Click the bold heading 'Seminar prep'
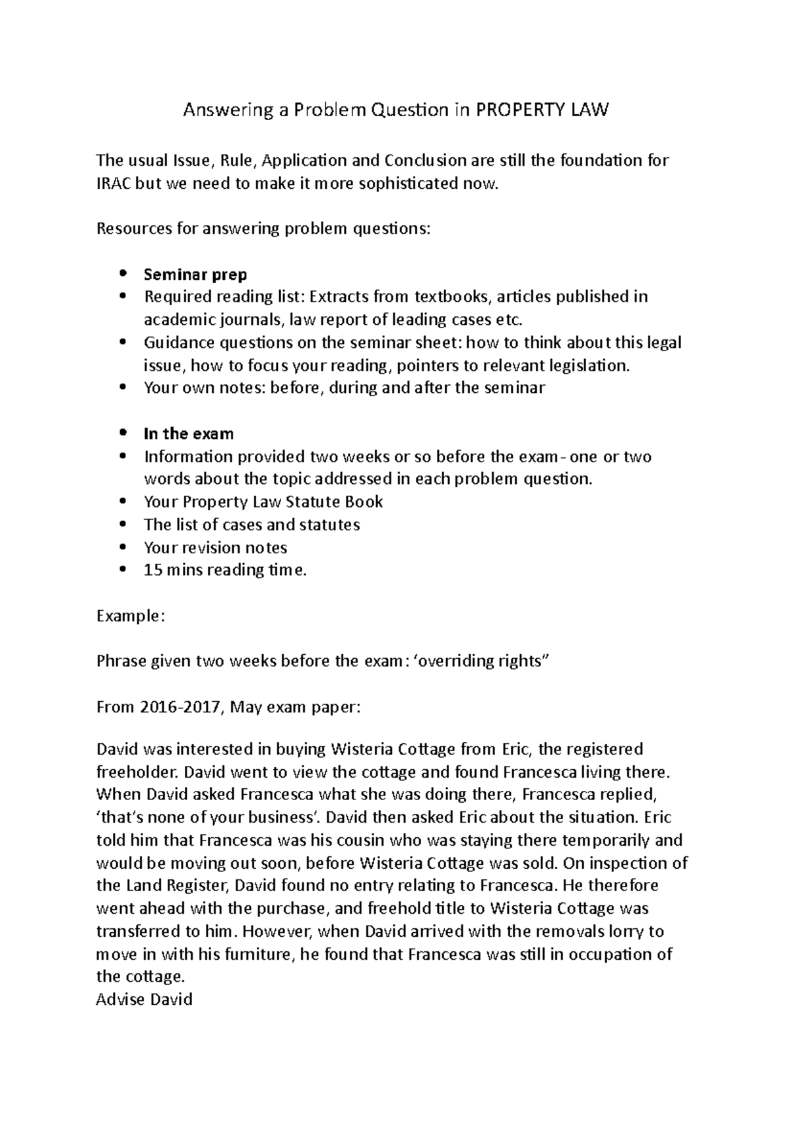195,274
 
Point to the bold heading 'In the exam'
189,434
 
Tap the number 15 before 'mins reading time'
152,570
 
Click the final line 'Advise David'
144,999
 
